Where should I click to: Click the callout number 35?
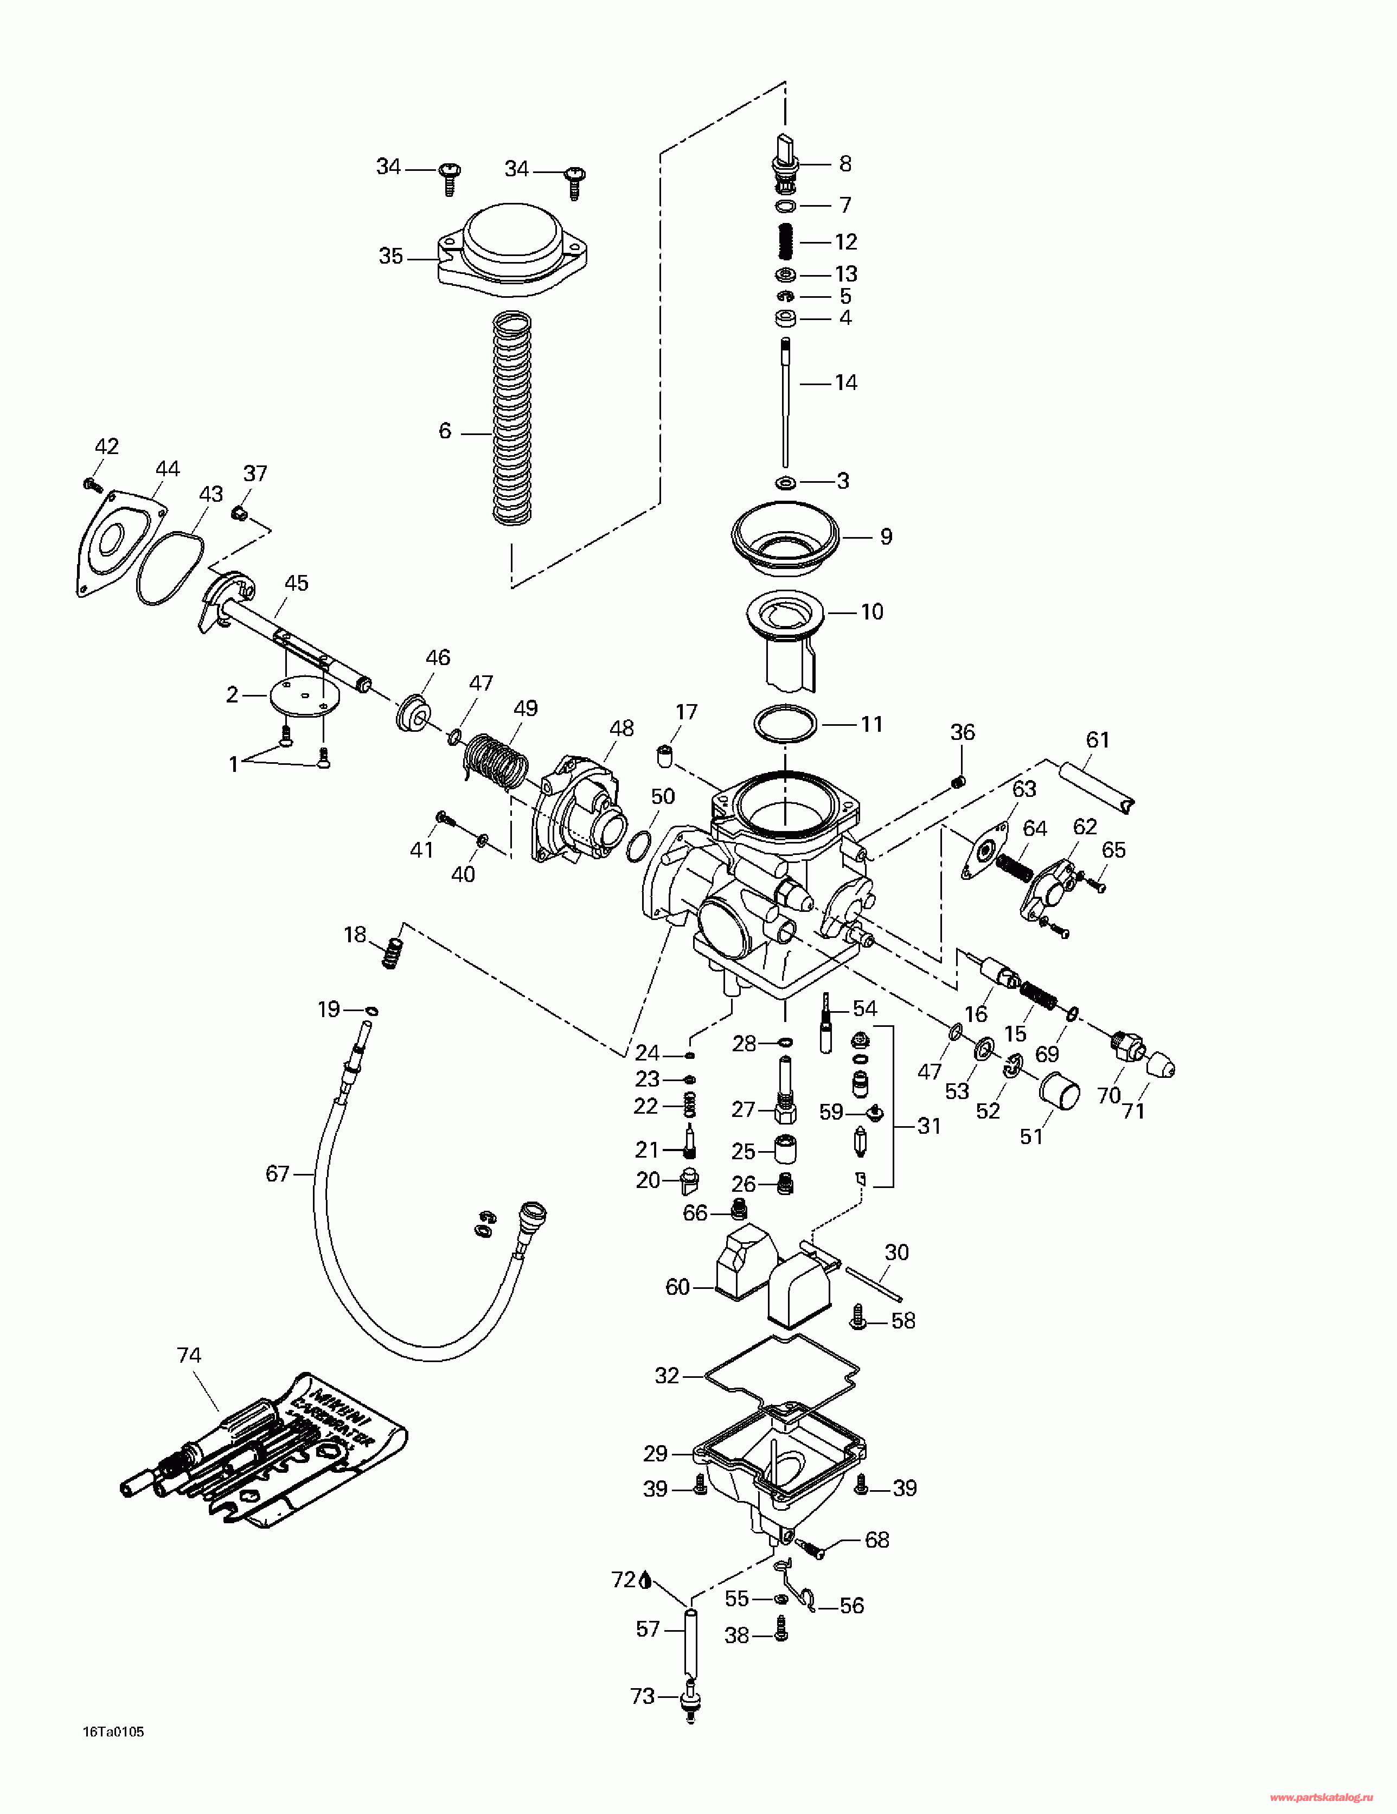coord(390,256)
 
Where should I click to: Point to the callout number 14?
coord(845,383)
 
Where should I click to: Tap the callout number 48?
coord(621,729)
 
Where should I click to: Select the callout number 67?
coord(278,1173)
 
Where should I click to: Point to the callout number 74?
coord(189,1356)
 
